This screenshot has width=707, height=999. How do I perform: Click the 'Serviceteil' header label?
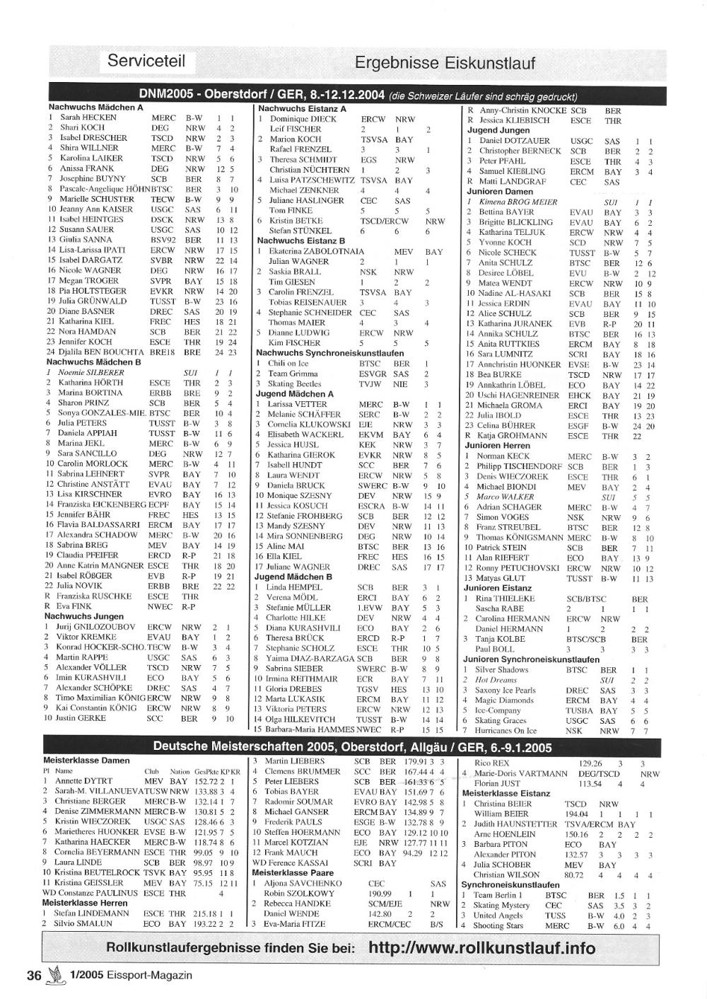146,61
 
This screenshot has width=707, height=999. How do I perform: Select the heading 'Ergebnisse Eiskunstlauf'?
445,63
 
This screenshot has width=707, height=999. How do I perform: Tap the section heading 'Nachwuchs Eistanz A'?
302,109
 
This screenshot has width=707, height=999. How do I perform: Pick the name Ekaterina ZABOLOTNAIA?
315,251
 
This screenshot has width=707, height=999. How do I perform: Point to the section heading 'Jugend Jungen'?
498,131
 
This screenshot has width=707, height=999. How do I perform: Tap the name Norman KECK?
503,456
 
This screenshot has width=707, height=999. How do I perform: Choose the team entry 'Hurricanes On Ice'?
506,731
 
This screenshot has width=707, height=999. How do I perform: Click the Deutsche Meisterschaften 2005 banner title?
352,747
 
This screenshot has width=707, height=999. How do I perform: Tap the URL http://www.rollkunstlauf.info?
481,948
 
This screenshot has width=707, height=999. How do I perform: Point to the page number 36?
34,975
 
